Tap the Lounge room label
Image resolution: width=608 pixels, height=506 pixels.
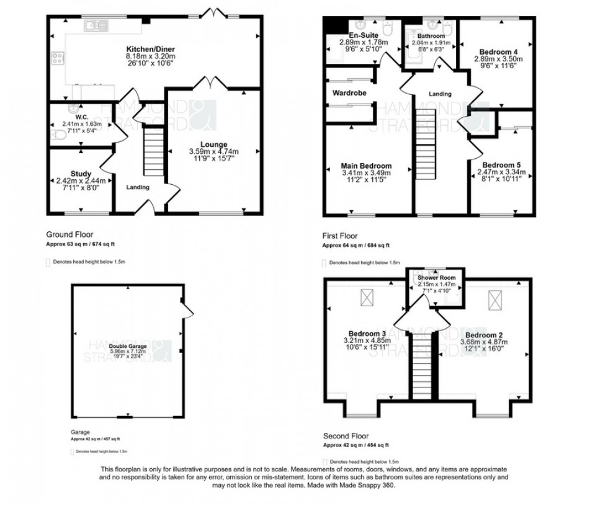pos(213,144)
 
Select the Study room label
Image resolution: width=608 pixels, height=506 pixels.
pos(81,174)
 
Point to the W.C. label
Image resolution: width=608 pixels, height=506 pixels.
pos(81,117)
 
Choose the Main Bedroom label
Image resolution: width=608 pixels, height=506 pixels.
pos(366,166)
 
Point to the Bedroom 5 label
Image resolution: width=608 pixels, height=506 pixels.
pos(498,164)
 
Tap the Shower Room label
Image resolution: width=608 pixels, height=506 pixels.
pos(436,277)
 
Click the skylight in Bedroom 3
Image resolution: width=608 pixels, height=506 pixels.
pos(367,300)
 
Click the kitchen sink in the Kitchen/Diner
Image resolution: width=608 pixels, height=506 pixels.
pos(97,25)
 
